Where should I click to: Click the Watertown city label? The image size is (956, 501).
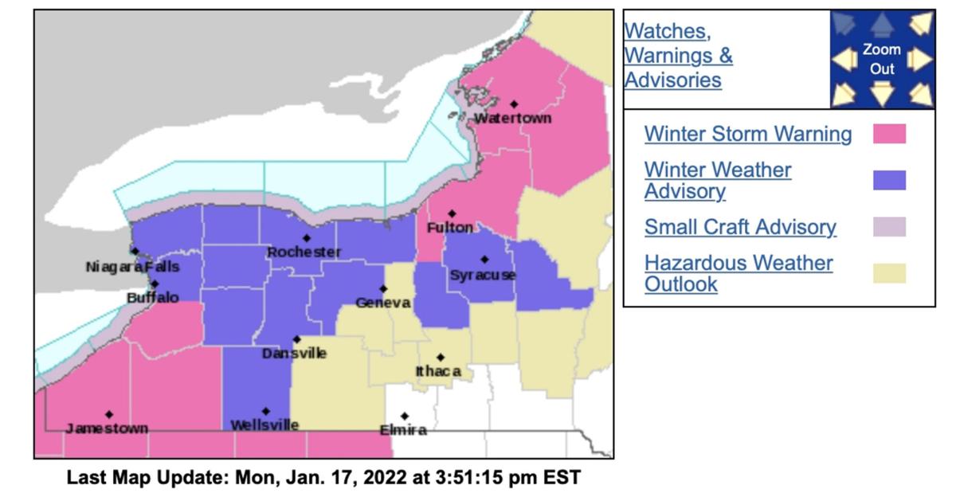(512, 119)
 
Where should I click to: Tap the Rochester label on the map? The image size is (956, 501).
(304, 252)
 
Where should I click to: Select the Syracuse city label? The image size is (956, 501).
(483, 275)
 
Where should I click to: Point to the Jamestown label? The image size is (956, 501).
(107, 429)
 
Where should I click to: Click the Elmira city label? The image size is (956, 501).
(402, 430)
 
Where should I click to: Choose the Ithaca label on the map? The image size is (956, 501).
(438, 371)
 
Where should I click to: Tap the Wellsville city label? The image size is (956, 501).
(264, 425)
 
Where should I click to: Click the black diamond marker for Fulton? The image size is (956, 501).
(452, 213)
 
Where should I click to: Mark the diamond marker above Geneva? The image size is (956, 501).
(383, 288)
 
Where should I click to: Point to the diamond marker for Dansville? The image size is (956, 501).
(296, 339)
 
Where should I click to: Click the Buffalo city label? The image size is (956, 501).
(153, 298)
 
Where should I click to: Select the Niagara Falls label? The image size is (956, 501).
(132, 267)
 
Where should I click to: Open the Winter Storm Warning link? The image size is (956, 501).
(747, 134)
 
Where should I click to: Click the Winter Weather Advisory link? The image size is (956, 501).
(718, 180)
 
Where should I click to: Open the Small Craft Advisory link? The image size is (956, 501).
(740, 227)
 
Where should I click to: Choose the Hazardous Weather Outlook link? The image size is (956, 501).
(739, 273)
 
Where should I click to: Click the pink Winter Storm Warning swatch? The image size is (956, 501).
(889, 134)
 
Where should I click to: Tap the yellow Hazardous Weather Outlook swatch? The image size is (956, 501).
(889, 273)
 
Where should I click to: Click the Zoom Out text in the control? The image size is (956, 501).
(882, 59)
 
